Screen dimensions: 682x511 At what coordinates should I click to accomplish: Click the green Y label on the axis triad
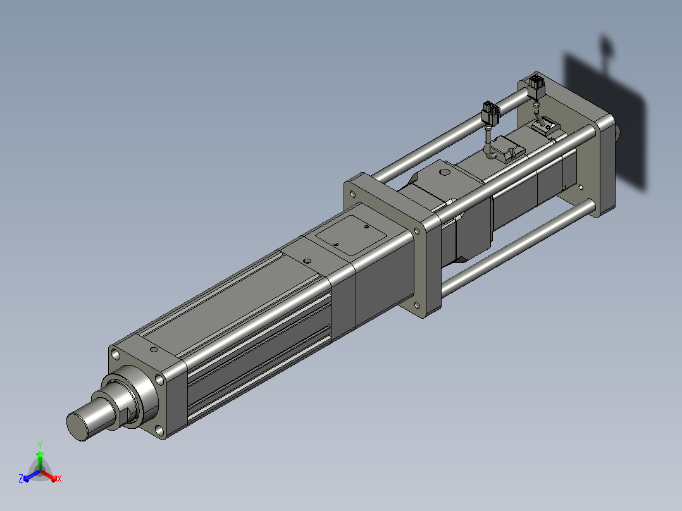point(40,445)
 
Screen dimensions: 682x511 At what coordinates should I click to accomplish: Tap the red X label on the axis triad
point(59,479)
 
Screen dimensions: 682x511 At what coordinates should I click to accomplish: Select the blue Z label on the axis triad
point(21,478)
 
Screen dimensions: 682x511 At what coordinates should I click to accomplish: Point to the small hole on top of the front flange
point(154,349)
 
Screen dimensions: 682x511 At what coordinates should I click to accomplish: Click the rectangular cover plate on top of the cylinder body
point(351,236)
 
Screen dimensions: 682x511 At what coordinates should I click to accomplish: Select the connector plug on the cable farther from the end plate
point(491,113)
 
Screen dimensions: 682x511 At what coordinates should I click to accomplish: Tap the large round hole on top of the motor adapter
point(444,172)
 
